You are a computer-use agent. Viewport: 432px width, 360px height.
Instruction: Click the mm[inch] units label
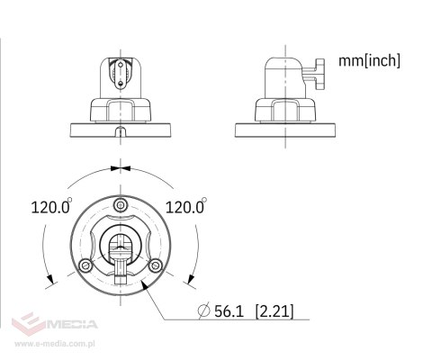tap(369, 61)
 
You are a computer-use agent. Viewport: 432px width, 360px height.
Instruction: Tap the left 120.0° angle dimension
tap(51, 206)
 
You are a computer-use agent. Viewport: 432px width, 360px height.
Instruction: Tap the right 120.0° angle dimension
tap(186, 206)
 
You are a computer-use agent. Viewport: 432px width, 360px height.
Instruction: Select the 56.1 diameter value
tap(229, 311)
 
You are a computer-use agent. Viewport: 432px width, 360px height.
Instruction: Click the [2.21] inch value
tap(274, 311)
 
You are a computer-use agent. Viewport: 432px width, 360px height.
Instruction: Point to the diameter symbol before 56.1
tap(204, 310)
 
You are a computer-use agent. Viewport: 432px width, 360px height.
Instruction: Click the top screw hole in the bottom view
tap(121, 205)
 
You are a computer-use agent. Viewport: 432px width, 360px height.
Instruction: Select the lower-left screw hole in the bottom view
tap(85, 265)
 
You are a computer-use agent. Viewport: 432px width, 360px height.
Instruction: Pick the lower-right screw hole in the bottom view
tap(156, 265)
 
